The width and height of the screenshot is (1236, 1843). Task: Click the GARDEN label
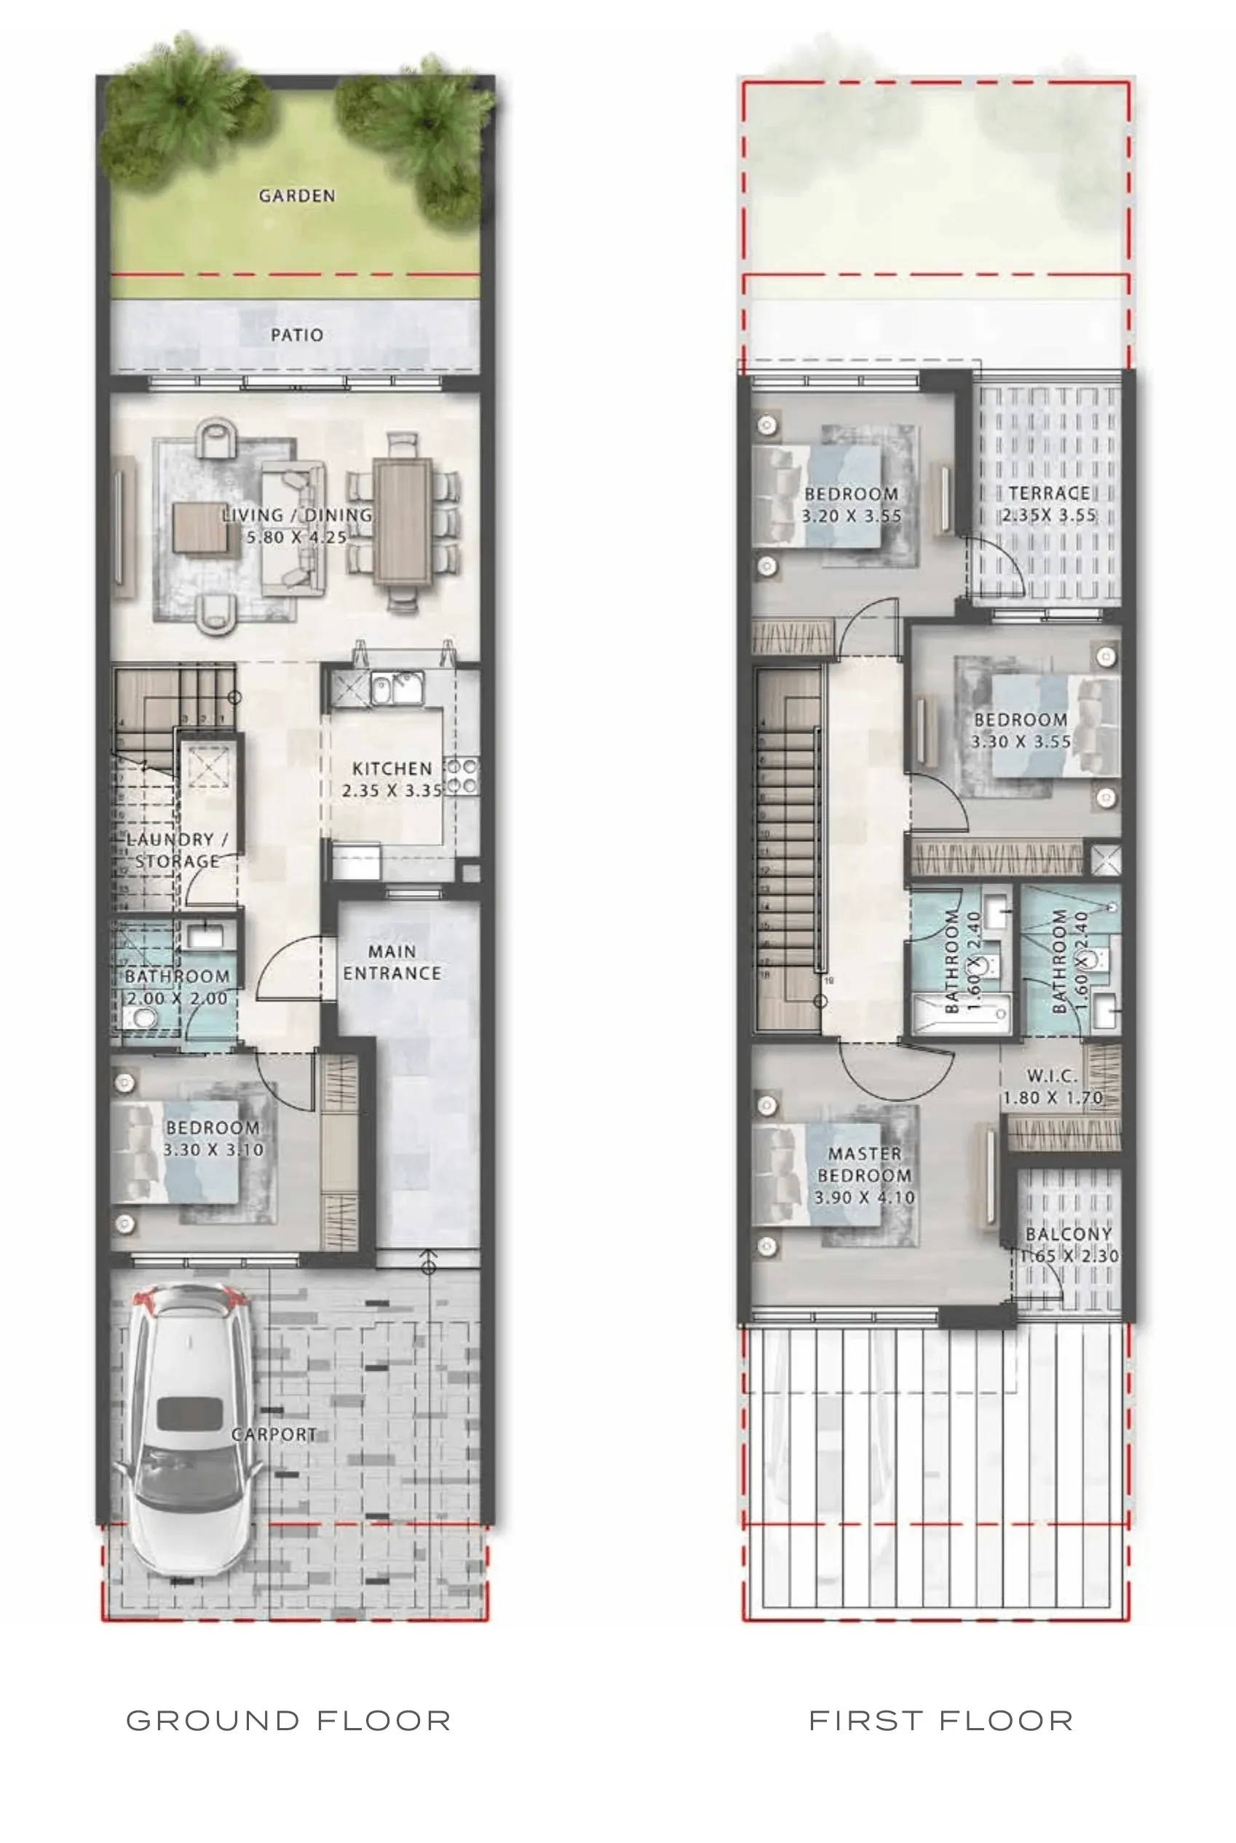pyautogui.click(x=297, y=196)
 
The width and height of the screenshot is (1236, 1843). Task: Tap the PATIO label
pyautogui.click(x=297, y=335)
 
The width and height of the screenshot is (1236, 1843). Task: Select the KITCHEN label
pyautogui.click(x=392, y=768)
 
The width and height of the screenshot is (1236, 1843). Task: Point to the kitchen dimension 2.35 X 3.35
pyautogui.click(x=392, y=790)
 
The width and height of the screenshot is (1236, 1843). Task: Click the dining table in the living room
pyautogui.click(x=403, y=521)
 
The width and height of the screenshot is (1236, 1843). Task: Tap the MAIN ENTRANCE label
pyautogui.click(x=392, y=962)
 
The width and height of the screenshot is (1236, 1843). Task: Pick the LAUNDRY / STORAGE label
pyautogui.click(x=178, y=850)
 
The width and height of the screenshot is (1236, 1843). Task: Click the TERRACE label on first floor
pyautogui.click(x=1049, y=493)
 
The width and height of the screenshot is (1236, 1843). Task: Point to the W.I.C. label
pyautogui.click(x=1053, y=1075)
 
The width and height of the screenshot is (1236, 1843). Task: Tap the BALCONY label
pyautogui.click(x=1069, y=1234)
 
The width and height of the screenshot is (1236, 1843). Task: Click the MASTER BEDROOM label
pyautogui.click(x=865, y=1164)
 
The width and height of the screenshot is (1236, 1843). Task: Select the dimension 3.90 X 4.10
pyautogui.click(x=865, y=1198)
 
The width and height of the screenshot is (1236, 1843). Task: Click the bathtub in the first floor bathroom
pyautogui.click(x=960, y=1015)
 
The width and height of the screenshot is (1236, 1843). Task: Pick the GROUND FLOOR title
pyautogui.click(x=288, y=1721)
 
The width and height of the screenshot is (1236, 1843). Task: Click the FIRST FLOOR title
pyautogui.click(x=941, y=1721)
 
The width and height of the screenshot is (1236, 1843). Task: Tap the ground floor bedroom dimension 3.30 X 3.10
pyautogui.click(x=213, y=1150)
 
